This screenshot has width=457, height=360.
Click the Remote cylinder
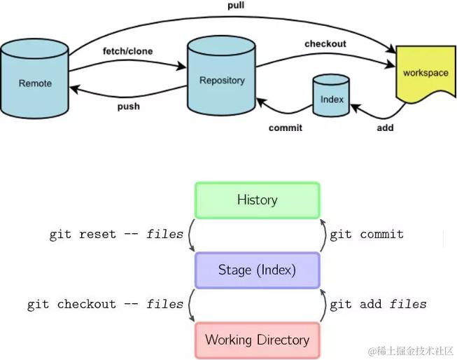tap(35, 83)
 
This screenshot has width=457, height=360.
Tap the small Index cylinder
tap(332, 99)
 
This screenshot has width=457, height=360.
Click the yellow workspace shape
tap(425, 74)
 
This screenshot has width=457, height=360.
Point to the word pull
tap(236, 5)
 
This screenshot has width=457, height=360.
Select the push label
tap(128, 106)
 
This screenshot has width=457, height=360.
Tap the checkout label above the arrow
tap(325, 43)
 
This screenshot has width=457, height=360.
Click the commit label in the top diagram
tap(286, 127)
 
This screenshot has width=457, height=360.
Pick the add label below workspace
tap(385, 127)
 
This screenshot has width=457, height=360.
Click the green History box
tap(257, 200)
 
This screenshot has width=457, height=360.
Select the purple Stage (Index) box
tap(257, 270)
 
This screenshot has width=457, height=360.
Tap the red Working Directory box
tap(257, 340)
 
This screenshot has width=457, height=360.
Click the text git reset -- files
tap(116, 234)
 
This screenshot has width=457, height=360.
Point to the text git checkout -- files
tap(105, 304)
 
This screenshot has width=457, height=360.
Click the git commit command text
tap(367, 234)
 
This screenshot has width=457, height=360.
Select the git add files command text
tap(378, 304)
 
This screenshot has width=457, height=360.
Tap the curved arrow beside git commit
tap(324, 235)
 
